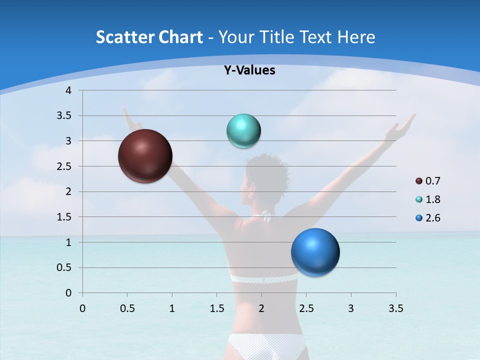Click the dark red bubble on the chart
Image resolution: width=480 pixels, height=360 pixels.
pos(145,156)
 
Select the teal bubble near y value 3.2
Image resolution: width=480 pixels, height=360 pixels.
pos(243,131)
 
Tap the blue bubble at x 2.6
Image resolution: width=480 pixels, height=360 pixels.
pos(315,252)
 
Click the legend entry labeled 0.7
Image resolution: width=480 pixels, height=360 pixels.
pos(427,181)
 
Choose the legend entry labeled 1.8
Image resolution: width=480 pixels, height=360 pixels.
pos(427,199)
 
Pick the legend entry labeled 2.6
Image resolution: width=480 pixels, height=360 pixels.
pos(427,218)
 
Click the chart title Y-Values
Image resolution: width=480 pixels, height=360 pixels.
pos(249,70)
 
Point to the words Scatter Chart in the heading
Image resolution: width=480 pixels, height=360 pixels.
pos(149,37)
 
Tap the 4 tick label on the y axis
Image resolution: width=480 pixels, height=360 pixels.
pos(69,90)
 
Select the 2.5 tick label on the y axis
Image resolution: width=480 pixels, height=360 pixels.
pos(64,166)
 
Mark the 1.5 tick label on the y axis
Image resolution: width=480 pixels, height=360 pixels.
pos(64,217)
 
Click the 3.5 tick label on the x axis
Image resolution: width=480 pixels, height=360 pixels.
pos(395,308)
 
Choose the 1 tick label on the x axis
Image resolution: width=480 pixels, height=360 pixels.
pos(172,308)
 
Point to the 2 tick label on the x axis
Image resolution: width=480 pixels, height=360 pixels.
pos(261,308)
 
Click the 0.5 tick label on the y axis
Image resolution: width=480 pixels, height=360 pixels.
pos(64,267)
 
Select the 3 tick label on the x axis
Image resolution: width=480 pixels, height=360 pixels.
pos(351,308)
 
